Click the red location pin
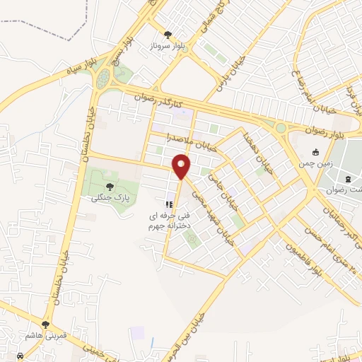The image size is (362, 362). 182,166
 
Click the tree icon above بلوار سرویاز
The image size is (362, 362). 168,34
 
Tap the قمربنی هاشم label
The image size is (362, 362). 45,335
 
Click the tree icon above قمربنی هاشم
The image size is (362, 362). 46,325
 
